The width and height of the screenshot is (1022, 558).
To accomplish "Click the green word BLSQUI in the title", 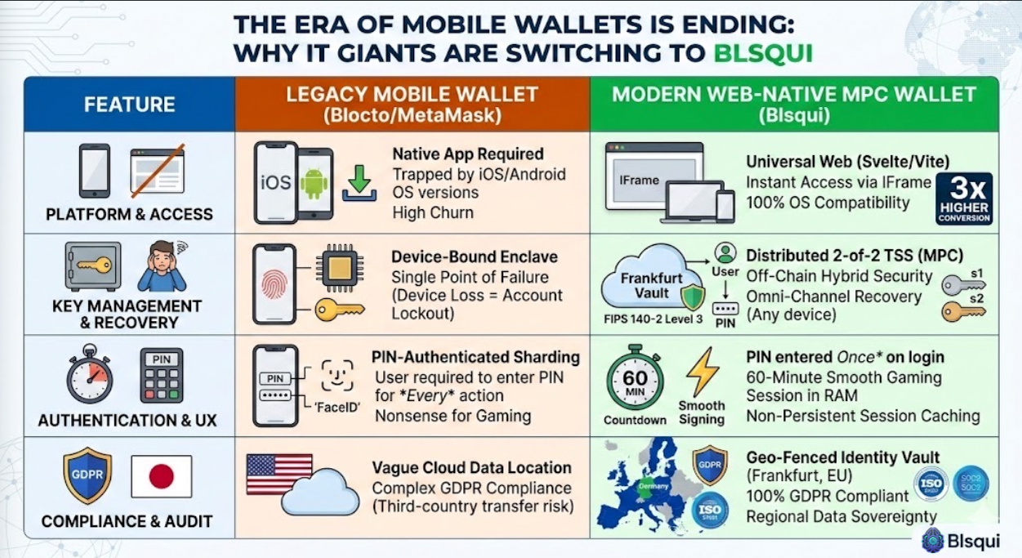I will coord(763,52).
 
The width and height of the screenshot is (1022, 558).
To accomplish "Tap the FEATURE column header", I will coord(129,105).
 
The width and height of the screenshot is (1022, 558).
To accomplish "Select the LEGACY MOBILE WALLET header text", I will coord(412,94).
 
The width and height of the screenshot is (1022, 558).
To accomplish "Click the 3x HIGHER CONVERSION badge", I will coord(964,199).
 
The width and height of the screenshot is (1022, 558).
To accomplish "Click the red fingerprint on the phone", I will coord(274,283).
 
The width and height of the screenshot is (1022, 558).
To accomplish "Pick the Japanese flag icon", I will coord(161,476).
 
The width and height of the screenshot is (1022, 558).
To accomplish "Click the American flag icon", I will coord(279,475).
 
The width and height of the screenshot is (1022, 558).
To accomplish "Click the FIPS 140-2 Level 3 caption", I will coord(652,319).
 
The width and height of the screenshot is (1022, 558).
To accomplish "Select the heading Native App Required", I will coord(467,154).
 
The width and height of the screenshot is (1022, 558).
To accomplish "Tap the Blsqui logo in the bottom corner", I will coord(966,540).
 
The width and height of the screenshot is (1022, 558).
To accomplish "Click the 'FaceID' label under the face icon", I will coord(336,407).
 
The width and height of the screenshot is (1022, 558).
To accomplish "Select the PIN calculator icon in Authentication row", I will coord(161,375).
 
